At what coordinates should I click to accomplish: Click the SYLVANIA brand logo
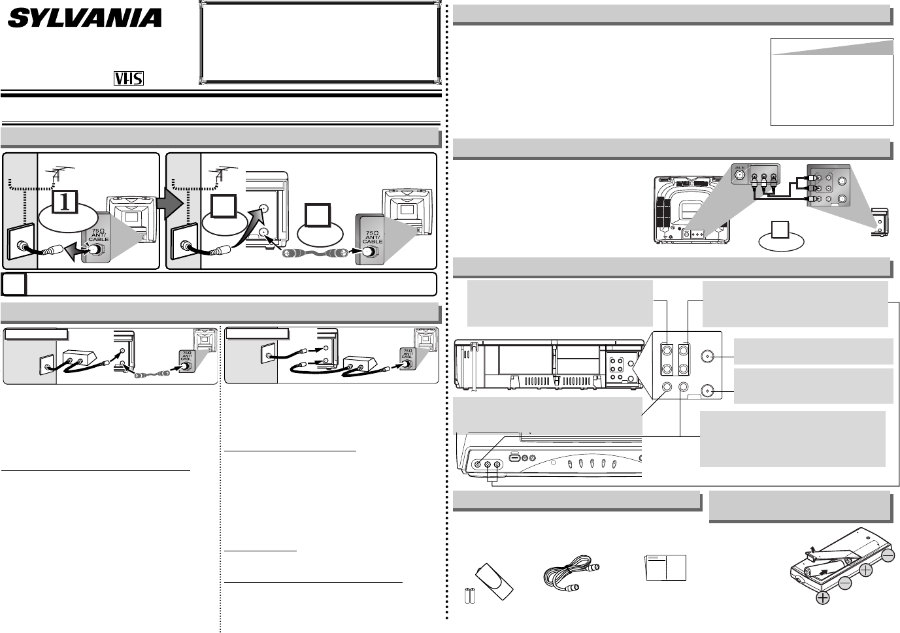tap(84, 18)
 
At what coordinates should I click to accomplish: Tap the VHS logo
tap(129, 78)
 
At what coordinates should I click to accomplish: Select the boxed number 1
tap(64, 203)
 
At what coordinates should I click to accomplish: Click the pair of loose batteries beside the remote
tap(469, 595)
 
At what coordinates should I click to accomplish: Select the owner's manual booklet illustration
tap(665, 568)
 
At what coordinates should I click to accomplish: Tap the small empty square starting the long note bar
tap(14, 284)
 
